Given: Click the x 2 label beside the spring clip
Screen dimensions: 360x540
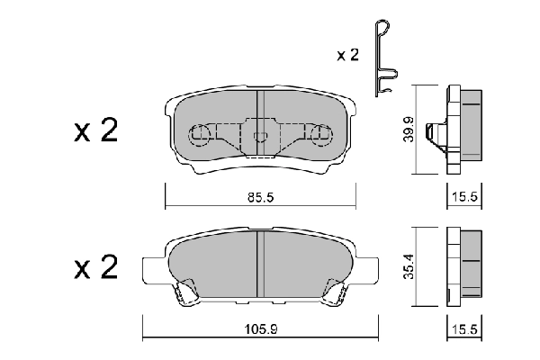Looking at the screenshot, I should click(347, 56).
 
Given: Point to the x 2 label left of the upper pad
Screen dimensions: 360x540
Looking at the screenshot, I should click(95, 132).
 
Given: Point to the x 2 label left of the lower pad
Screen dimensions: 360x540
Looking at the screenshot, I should click(95, 266).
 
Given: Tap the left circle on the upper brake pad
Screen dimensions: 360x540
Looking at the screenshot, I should click(200, 135).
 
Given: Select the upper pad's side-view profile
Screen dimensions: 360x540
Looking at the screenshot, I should click(462, 129).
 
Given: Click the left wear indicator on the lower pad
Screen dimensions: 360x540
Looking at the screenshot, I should click(187, 291).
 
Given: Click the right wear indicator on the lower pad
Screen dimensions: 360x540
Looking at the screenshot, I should click(334, 291).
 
